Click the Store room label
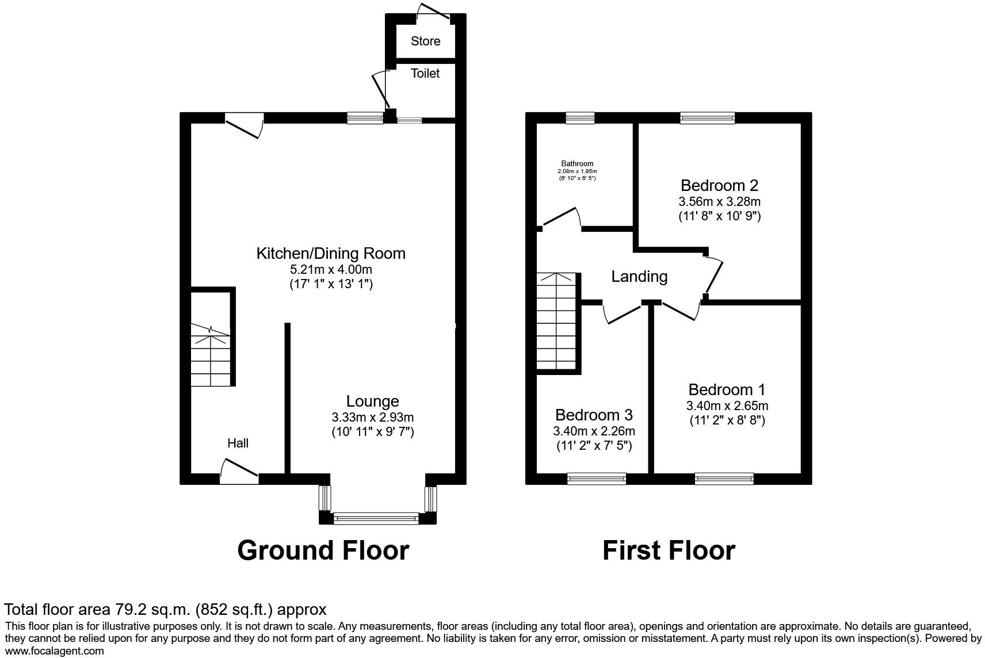425,41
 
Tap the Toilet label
425,74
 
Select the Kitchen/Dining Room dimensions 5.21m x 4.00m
331,269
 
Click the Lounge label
372,401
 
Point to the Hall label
238,443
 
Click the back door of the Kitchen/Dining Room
244,125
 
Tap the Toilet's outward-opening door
381,91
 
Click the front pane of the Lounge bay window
376,519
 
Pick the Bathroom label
577,164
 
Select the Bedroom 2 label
719,186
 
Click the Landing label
639,277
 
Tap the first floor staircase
556,322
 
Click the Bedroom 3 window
597,479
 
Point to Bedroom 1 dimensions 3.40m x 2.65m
727,406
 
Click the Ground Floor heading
323,550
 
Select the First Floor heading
669,550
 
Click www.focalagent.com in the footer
55,651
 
